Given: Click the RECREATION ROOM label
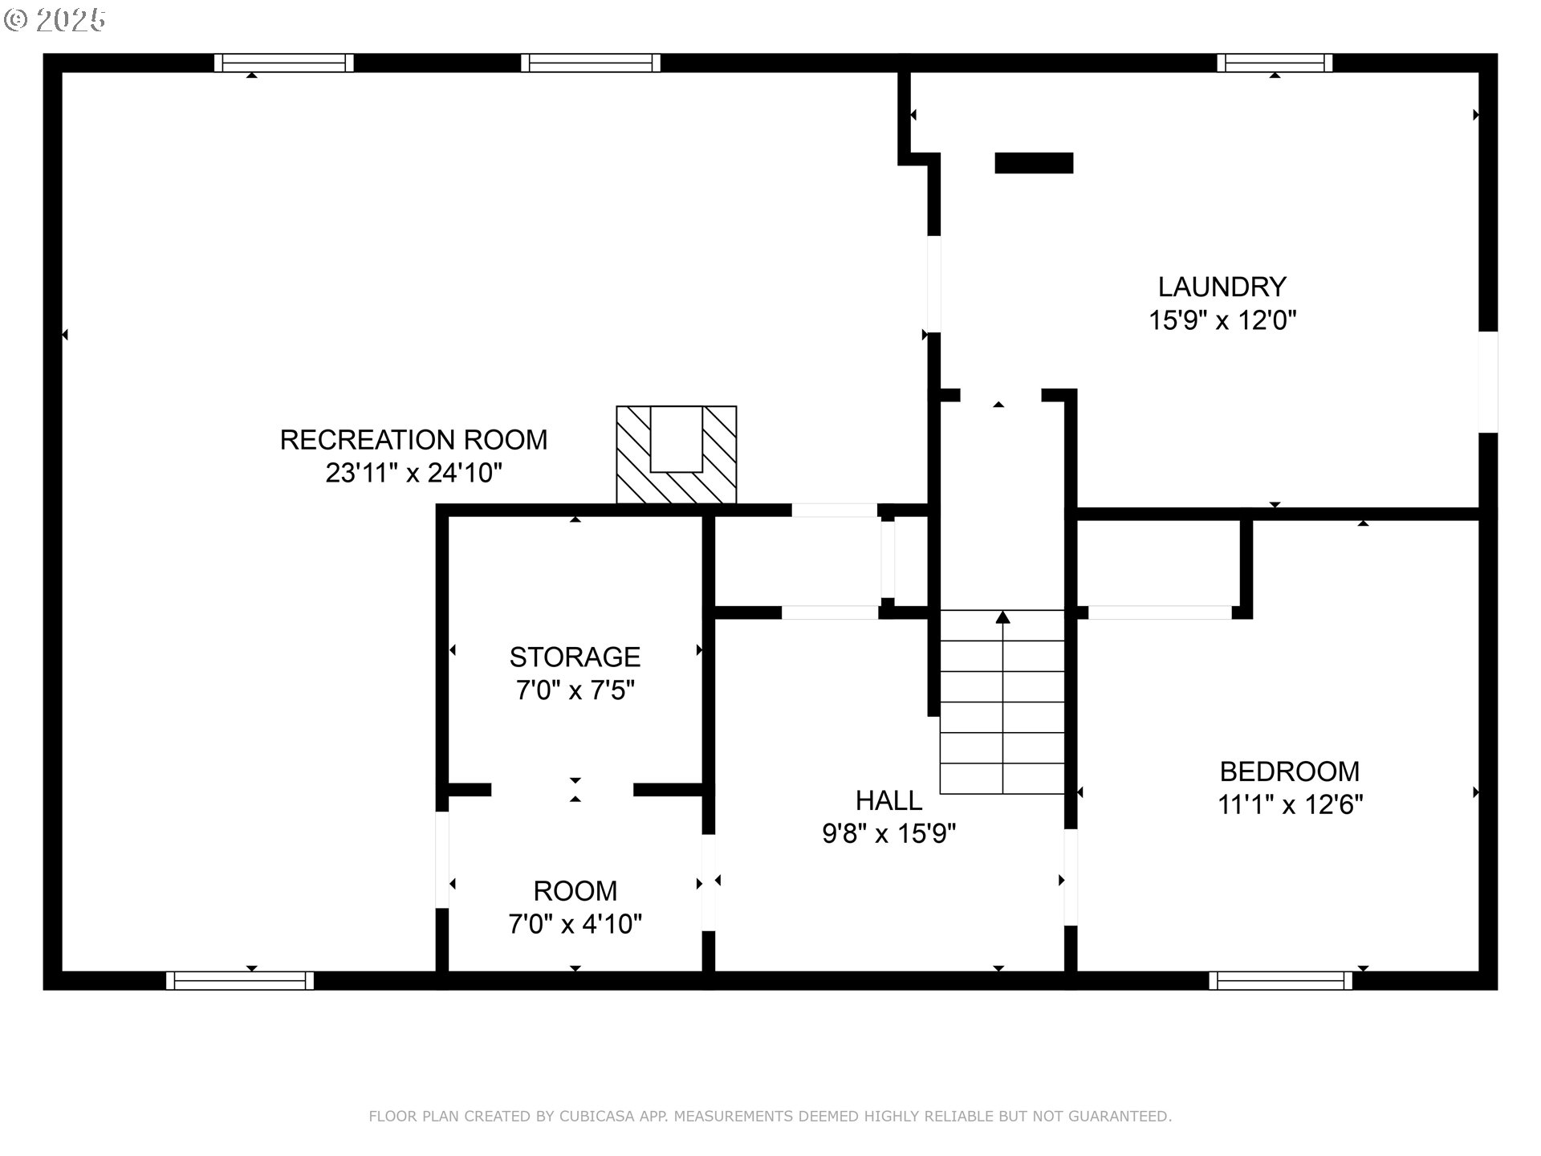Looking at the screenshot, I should [x=413, y=440].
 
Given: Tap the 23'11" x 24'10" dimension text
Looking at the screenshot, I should [x=413, y=473].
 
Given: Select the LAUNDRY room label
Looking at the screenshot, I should [x=1222, y=287].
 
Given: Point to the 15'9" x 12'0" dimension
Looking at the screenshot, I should [x=1222, y=320].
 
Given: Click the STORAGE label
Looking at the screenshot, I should [x=575, y=657].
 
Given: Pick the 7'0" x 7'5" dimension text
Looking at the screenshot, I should [x=575, y=690].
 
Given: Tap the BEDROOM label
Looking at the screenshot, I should [x=1289, y=771].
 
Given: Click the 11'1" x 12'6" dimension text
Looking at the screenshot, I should [x=1289, y=804].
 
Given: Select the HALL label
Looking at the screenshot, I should [x=888, y=800].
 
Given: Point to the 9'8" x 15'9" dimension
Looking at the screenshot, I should [x=888, y=834].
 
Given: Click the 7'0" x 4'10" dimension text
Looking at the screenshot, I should [x=575, y=924].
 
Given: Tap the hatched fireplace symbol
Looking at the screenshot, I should [x=676, y=455].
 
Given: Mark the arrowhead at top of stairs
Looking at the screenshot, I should [x=1002, y=617].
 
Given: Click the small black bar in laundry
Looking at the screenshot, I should [x=1034, y=163].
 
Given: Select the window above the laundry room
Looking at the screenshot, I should [x=1275, y=63].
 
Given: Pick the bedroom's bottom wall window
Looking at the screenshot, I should [x=1280, y=980].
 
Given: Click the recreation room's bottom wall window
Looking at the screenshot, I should [x=240, y=980].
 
